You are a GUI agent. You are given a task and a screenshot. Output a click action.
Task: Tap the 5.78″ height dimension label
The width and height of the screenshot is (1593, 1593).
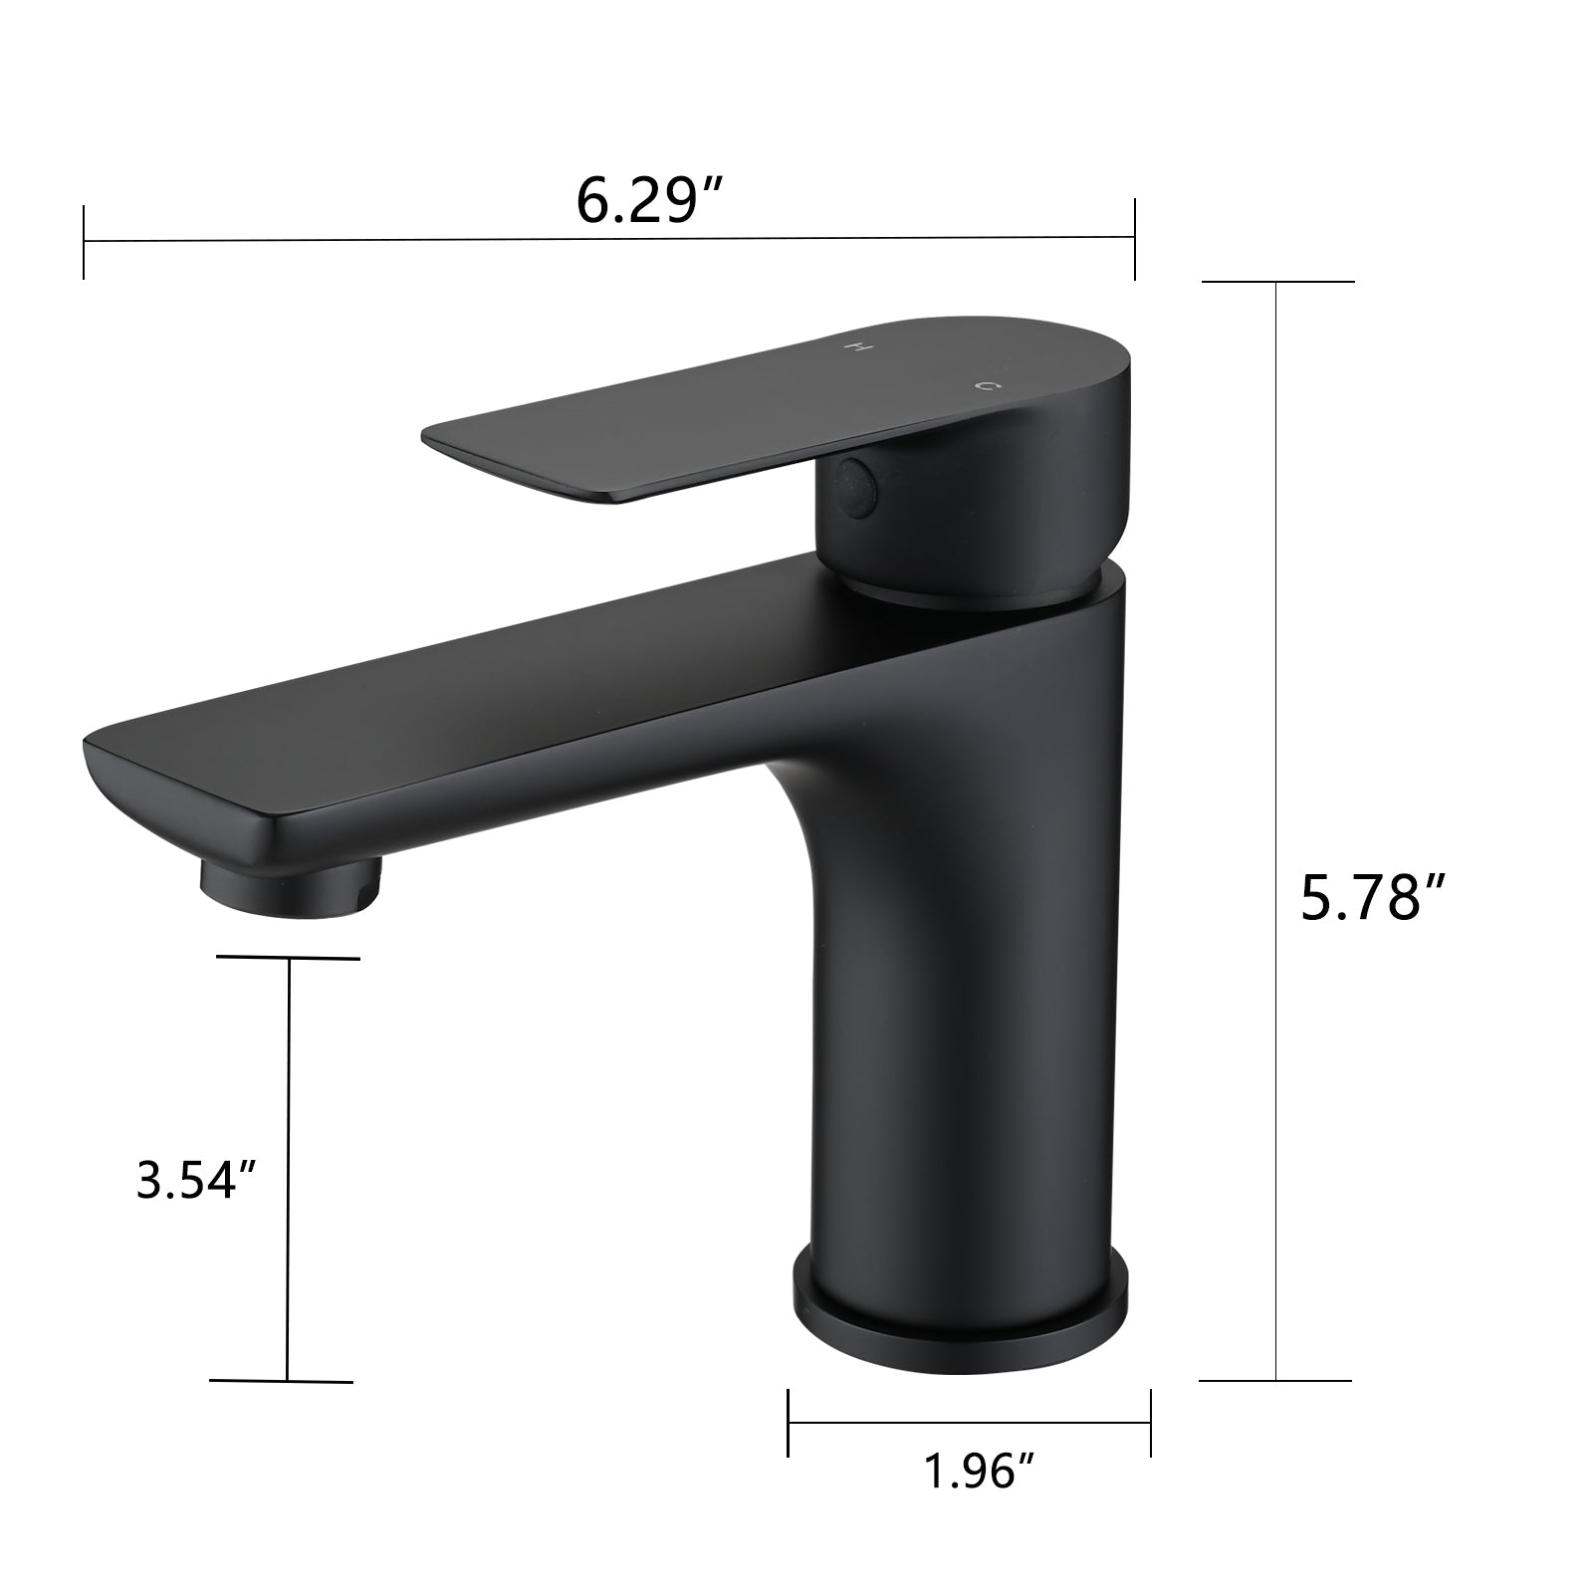1373,899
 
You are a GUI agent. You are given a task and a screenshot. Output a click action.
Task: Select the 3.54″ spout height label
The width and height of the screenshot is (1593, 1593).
198,1181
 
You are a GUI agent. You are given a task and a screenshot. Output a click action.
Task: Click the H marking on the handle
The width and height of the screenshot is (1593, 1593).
856,347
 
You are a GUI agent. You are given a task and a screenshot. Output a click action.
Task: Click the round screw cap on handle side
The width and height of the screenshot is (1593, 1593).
857,486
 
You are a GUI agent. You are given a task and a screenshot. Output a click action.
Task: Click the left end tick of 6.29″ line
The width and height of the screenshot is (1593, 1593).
85,242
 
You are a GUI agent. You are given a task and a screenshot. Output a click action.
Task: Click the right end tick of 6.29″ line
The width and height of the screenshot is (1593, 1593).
1134,238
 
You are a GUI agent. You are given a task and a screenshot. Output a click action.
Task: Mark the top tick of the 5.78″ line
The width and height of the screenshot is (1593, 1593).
1277,282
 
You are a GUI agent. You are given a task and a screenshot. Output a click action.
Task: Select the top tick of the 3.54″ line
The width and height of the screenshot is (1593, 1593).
289,959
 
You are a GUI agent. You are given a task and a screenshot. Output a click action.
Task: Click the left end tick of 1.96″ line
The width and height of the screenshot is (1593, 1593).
789,1423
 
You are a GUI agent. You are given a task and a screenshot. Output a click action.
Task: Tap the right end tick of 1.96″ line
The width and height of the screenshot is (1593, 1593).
1151,1423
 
